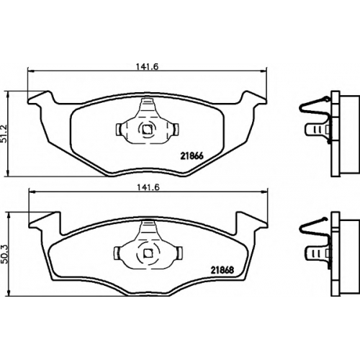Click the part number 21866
pos(192,156)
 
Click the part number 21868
pos(222,270)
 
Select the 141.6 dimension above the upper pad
pos(148,66)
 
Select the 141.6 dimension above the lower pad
pos(148,187)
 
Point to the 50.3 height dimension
pos(5,255)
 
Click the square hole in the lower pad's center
pos(148,253)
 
